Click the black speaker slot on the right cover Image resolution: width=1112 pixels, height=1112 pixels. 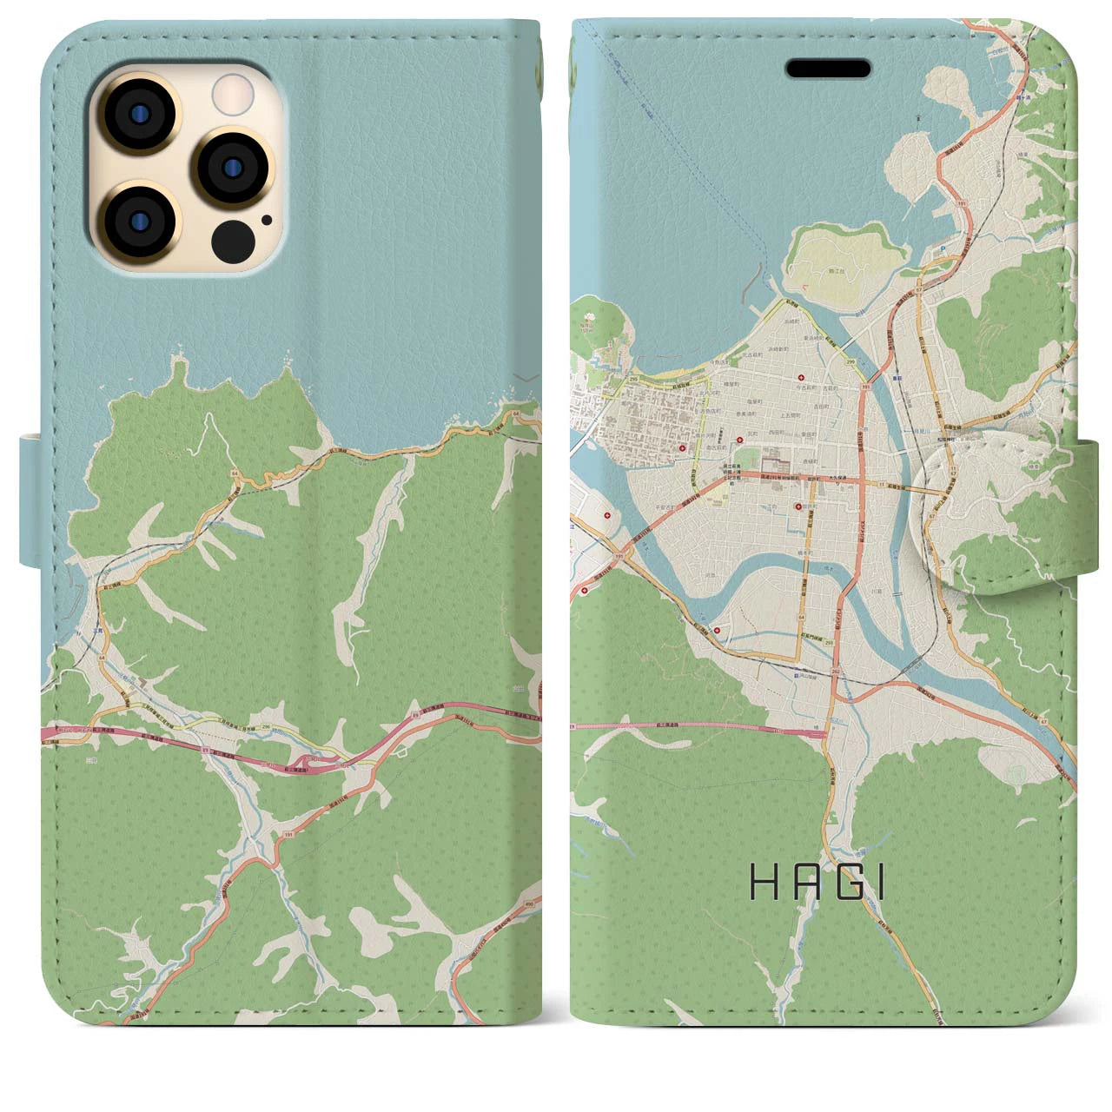(828, 68)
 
